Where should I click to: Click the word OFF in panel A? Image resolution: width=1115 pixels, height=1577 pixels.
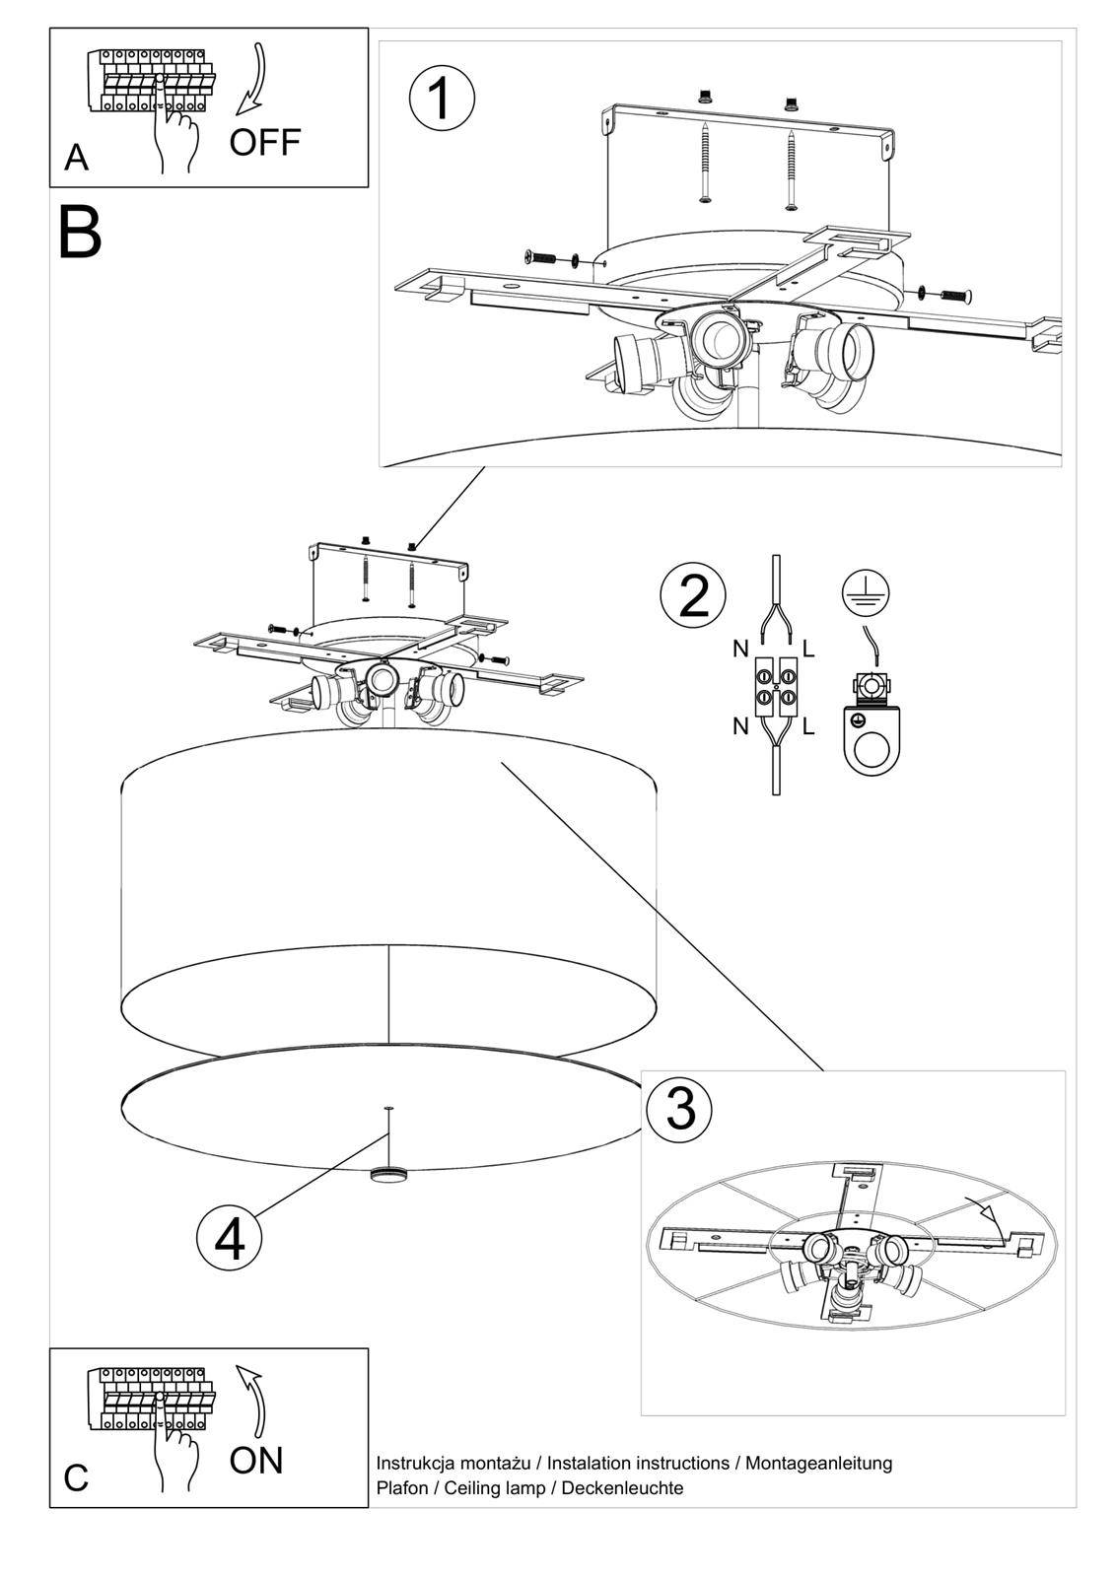(263, 142)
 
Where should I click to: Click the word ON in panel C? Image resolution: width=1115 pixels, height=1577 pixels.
(255, 1460)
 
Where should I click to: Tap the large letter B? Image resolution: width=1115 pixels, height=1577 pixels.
(80, 234)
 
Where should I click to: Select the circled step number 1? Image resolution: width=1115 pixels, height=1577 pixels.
(442, 99)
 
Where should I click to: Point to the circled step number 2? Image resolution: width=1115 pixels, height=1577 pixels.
(694, 595)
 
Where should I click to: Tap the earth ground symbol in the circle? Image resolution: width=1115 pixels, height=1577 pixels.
(866, 590)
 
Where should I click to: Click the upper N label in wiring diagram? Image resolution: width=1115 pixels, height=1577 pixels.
(739, 649)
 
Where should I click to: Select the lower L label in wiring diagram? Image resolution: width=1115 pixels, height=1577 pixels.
(808, 727)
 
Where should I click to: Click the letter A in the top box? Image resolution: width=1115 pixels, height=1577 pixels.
(76, 158)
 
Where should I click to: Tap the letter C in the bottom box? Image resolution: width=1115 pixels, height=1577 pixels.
(76, 1478)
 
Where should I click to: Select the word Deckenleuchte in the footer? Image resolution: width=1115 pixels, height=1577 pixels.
(622, 1488)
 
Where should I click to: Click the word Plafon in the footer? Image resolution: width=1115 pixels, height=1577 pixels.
(402, 1488)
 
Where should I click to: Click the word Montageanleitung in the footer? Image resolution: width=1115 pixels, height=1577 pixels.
(818, 1463)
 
